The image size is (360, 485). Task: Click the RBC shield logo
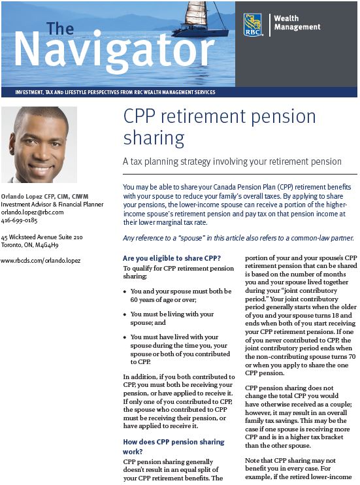pyautogui.click(x=252, y=24)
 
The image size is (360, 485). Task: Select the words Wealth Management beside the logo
pyautogui.click(x=297, y=23)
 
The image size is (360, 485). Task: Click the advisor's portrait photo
pyautogui.click(x=39, y=144)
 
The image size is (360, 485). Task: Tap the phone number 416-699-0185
pyautogui.click(x=20, y=221)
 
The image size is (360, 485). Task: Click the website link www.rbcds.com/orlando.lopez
pyautogui.click(x=41, y=260)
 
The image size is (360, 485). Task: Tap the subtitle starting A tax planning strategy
pyautogui.click(x=232, y=161)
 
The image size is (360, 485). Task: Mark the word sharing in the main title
pyautogui.click(x=154, y=138)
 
